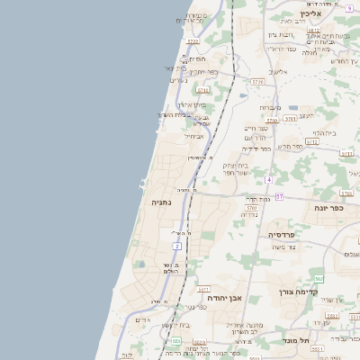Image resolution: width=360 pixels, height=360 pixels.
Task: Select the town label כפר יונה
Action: click(x=329, y=207)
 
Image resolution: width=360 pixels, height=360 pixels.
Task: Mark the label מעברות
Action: click(x=271, y=107)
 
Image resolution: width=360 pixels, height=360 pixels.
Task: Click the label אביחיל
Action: click(x=193, y=136)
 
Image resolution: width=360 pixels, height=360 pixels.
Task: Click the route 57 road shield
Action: click(x=280, y=195)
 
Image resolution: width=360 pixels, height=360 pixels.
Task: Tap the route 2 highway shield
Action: click(x=177, y=245)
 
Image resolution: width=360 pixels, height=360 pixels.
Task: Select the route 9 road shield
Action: click(x=348, y=7)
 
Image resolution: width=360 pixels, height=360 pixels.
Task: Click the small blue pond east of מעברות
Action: click(x=293, y=107)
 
